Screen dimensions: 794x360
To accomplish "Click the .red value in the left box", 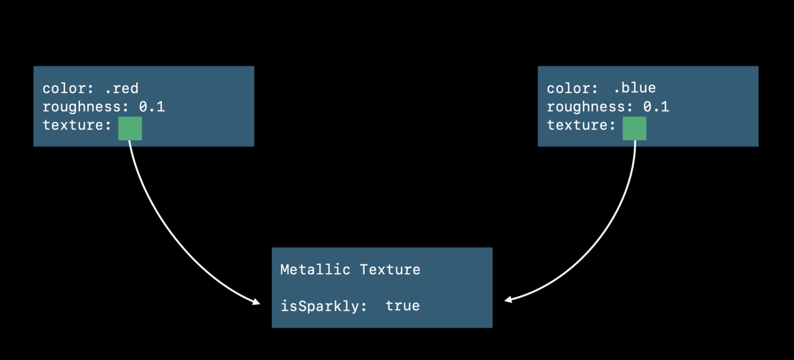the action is pyautogui.click(x=122, y=88).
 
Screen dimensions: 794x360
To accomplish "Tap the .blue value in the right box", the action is pyautogui.click(x=635, y=88).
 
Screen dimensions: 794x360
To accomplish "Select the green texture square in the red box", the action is pyautogui.click(x=130, y=128).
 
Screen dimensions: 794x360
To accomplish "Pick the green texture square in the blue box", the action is pyautogui.click(x=635, y=128).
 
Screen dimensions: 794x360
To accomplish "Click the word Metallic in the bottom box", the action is pyautogui.click(x=315, y=269).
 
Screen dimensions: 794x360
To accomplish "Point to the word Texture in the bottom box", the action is pyautogui.click(x=390, y=269).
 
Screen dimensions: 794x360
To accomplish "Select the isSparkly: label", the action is pyautogui.click(x=324, y=307).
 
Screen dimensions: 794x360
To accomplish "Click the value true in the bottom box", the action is pyautogui.click(x=403, y=306).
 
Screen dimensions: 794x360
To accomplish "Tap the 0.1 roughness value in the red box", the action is pyautogui.click(x=152, y=107).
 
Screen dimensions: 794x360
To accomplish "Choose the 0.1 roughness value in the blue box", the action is pyautogui.click(x=656, y=107).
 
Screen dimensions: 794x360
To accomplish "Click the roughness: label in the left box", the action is pyautogui.click(x=86, y=107).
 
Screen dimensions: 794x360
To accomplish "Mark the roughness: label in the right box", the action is pyautogui.click(x=590, y=107).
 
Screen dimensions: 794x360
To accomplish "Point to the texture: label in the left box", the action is pyautogui.click(x=77, y=125).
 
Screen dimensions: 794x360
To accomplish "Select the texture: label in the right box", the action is pyautogui.click(x=581, y=125).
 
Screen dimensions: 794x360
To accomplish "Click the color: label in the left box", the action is pyautogui.click(x=68, y=88).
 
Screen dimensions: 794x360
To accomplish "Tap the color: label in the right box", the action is pyautogui.click(x=573, y=88).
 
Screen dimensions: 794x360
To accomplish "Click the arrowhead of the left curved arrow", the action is pyautogui.click(x=257, y=302).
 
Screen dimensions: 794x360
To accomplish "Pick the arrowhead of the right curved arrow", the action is pyautogui.click(x=508, y=300).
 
